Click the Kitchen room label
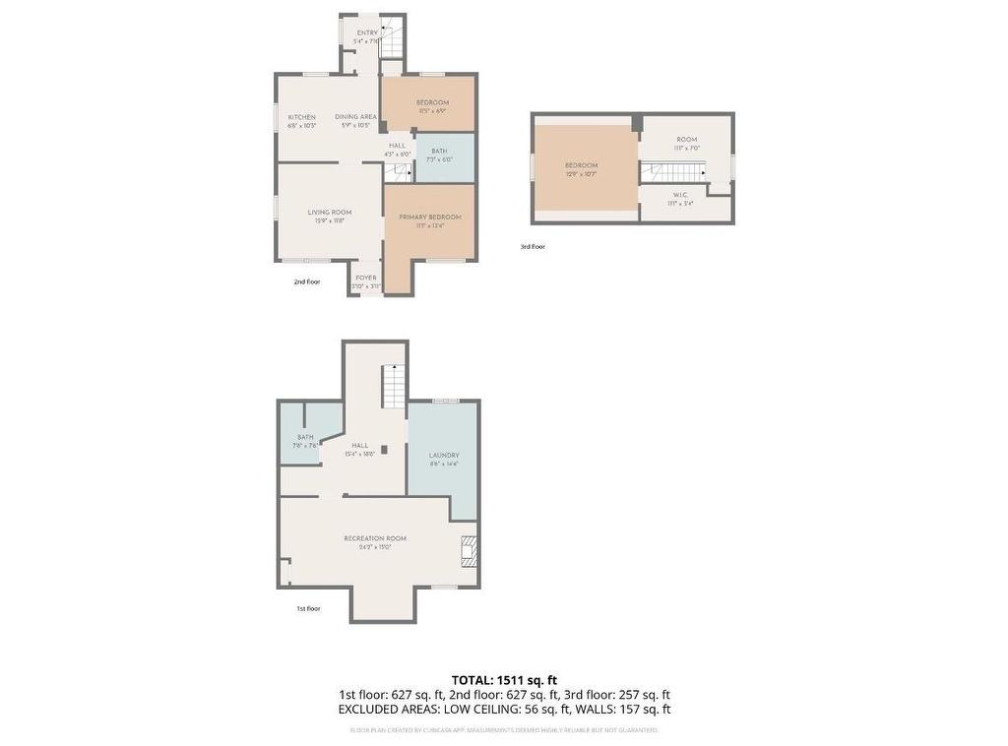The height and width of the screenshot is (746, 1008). pyautogui.click(x=301, y=117)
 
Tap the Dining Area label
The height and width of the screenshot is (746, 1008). pyautogui.click(x=355, y=117)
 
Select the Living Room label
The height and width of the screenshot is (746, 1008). pyautogui.click(x=329, y=213)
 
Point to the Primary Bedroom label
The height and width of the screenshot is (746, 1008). pyautogui.click(x=430, y=218)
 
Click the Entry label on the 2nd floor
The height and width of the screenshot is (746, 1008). pyautogui.click(x=366, y=33)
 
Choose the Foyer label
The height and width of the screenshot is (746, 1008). pyautogui.click(x=366, y=279)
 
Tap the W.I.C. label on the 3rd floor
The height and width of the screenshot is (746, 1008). pyautogui.click(x=679, y=196)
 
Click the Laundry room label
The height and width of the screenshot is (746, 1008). pyautogui.click(x=444, y=456)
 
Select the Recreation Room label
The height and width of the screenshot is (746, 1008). pyautogui.click(x=375, y=538)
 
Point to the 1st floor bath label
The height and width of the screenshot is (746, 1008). pyautogui.click(x=305, y=438)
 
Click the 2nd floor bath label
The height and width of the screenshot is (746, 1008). pyautogui.click(x=439, y=152)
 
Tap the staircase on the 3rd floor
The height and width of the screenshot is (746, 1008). pyautogui.click(x=673, y=172)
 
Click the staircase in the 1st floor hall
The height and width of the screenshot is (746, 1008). pyautogui.click(x=394, y=386)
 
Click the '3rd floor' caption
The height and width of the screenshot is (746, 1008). pyautogui.click(x=533, y=247)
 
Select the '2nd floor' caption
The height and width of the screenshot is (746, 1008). pyautogui.click(x=307, y=282)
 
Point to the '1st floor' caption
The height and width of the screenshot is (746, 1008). pyautogui.click(x=308, y=609)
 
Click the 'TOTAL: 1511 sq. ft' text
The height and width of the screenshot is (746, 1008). pyautogui.click(x=504, y=680)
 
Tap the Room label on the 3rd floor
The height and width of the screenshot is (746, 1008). pyautogui.click(x=686, y=140)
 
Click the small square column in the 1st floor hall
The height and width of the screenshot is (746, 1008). pyautogui.click(x=385, y=450)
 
